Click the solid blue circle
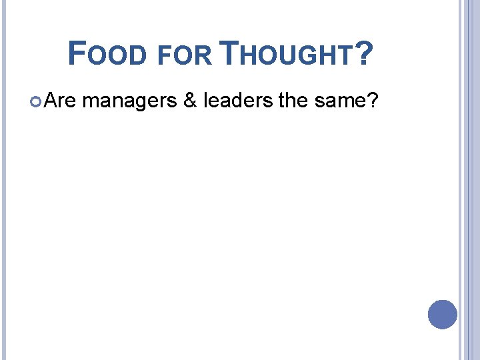[443, 315]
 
